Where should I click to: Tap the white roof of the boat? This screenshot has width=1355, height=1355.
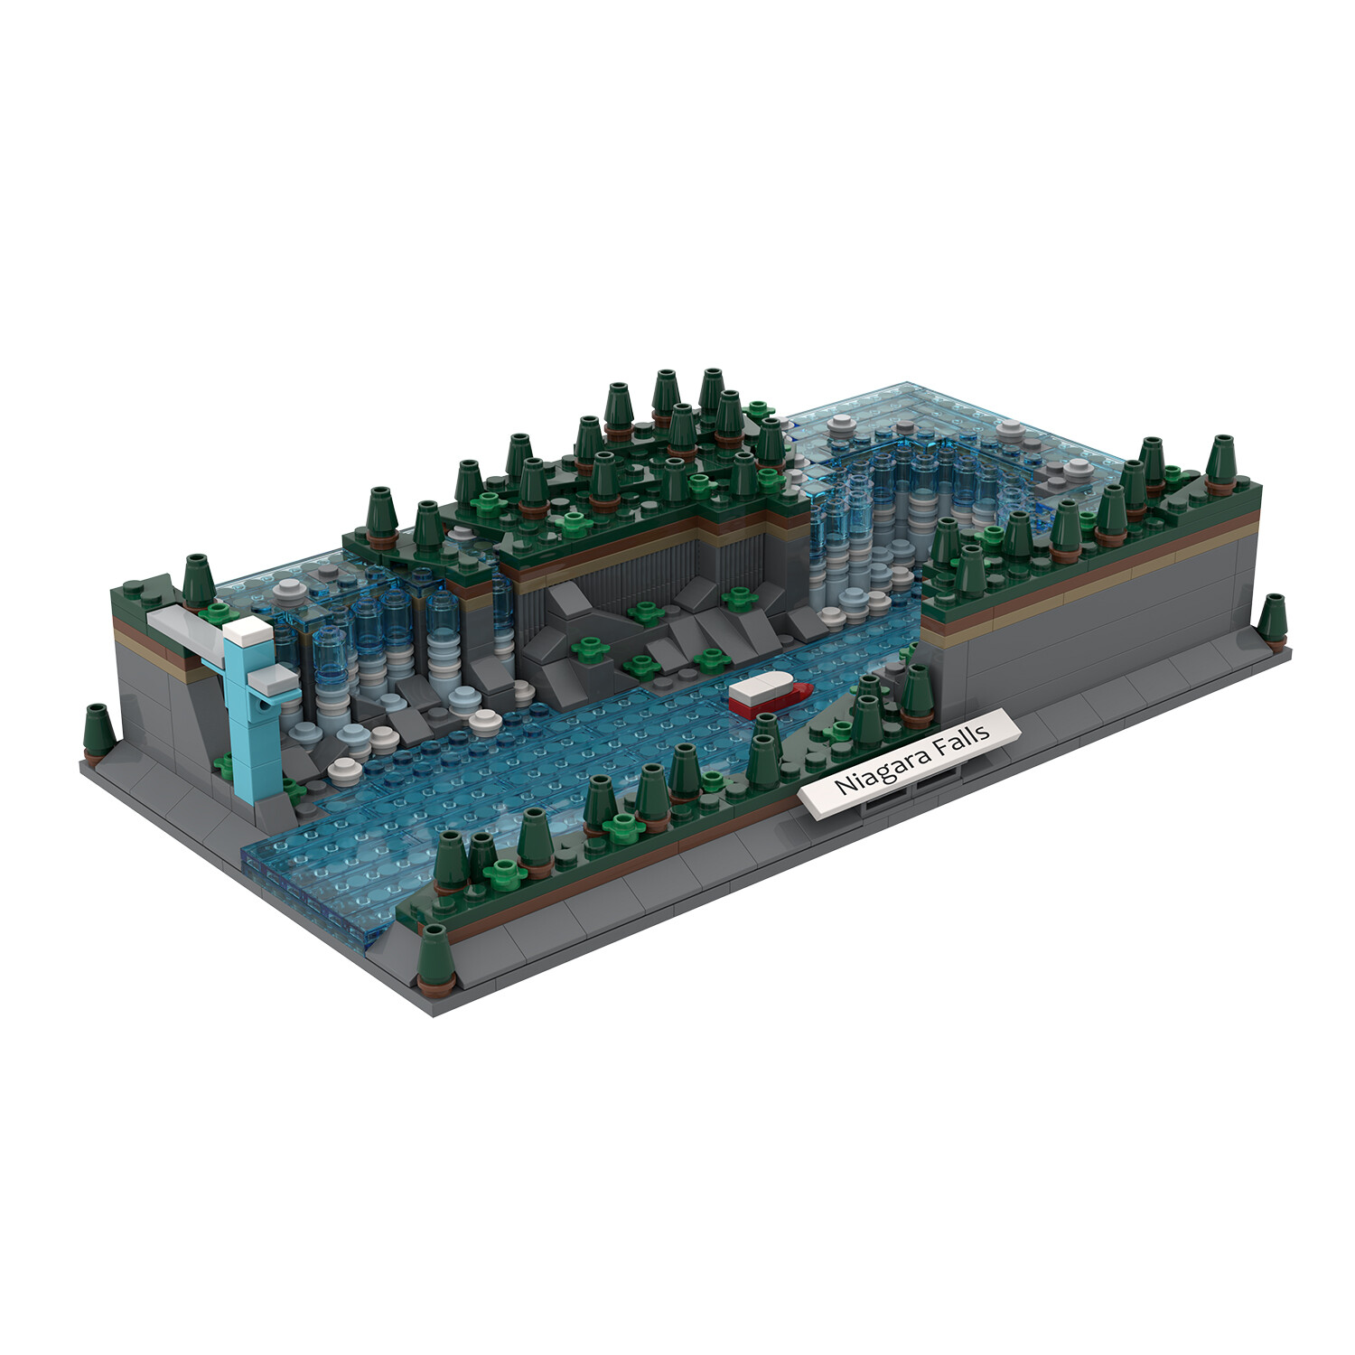[761, 686]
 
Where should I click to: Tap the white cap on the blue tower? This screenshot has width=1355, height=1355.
[248, 631]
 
